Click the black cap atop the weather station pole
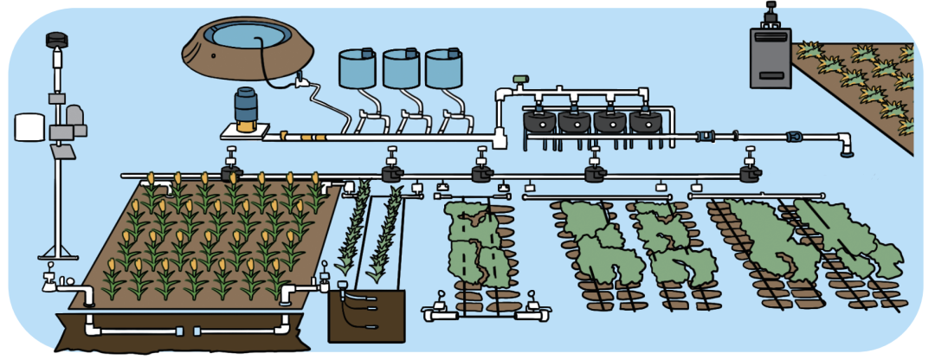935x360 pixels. click(56, 40)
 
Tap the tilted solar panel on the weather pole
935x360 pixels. click(62, 152)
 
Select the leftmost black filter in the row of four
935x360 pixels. click(540, 120)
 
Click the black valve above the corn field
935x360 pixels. click(231, 170)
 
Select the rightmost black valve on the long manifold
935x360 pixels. click(751, 172)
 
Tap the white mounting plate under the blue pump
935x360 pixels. click(248, 131)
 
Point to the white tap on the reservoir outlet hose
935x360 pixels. click(301, 82)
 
